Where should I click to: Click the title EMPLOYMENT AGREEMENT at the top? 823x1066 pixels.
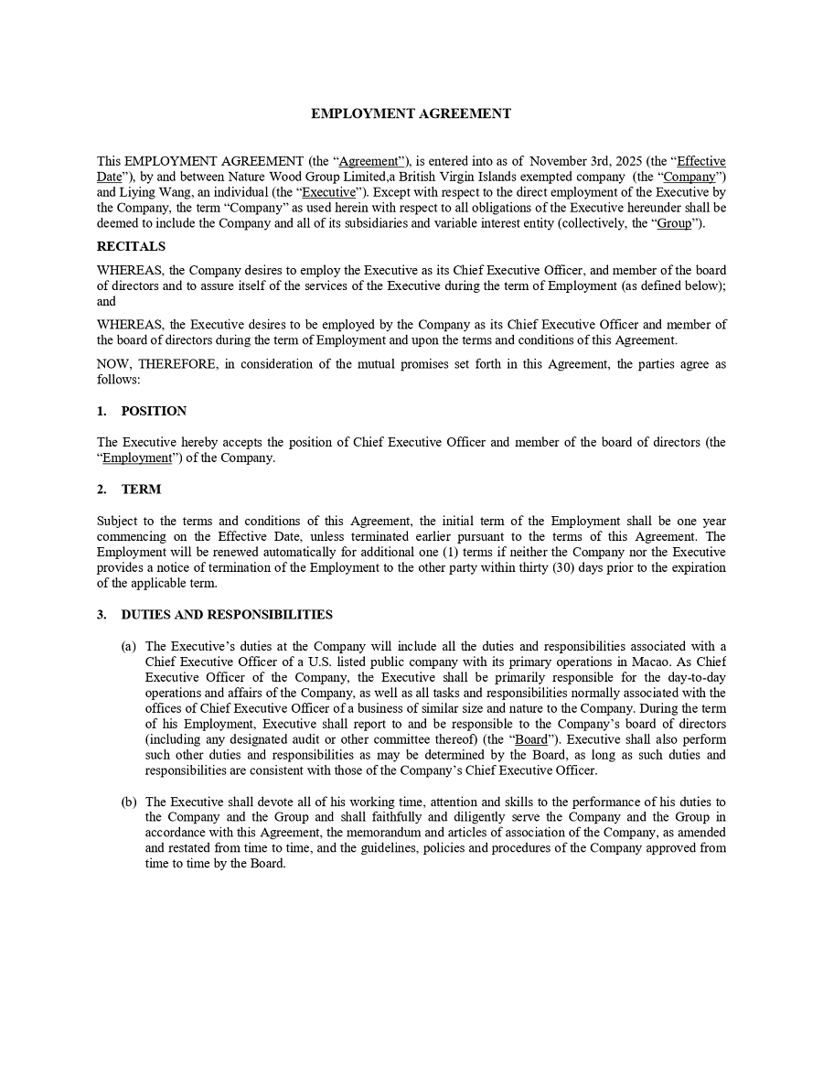[411, 113]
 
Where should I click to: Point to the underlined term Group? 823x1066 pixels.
[675, 223]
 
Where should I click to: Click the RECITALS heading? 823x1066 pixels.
[131, 246]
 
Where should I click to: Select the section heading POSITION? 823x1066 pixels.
[154, 411]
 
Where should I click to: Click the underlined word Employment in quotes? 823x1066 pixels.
[137, 458]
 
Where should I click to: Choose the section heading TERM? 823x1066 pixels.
[141, 490]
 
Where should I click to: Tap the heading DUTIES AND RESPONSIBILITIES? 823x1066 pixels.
[227, 615]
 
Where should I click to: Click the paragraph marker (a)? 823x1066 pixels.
[129, 646]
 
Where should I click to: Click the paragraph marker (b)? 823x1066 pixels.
[129, 802]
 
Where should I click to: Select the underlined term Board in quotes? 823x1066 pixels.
[531, 739]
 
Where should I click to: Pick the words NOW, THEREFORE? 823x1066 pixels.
[153, 364]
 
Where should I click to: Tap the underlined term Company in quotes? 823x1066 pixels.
[690, 177]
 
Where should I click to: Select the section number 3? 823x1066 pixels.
[102, 615]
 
